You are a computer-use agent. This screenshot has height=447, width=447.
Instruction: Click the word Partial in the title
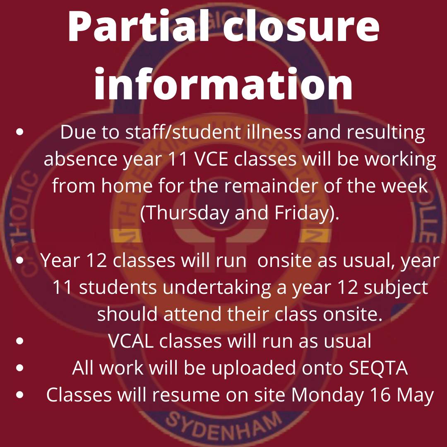tap(136, 28)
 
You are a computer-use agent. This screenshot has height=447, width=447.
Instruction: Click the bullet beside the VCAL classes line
tap(19, 342)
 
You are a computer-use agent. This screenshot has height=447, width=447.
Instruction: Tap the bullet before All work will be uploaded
tap(19, 368)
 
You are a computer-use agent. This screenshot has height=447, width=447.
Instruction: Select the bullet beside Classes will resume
tap(19, 395)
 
